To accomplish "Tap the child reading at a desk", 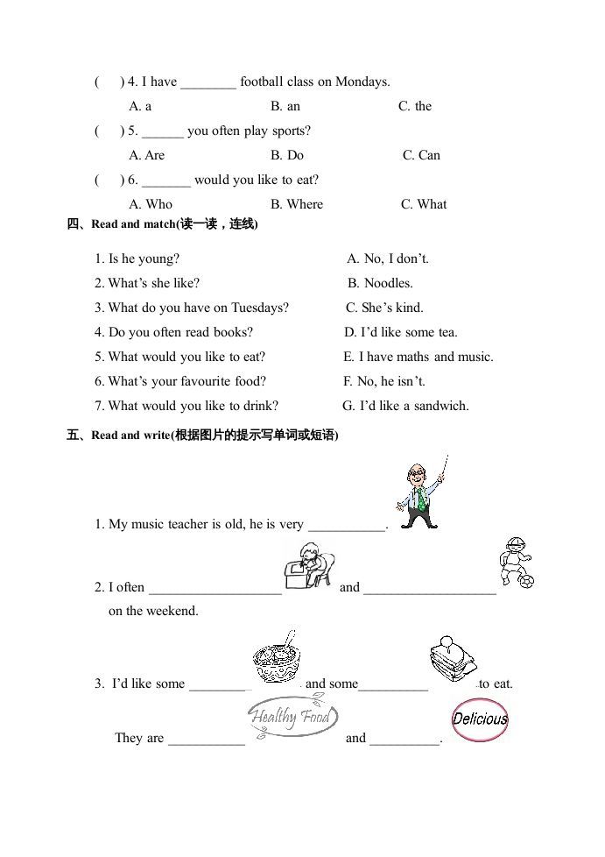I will tap(309, 565).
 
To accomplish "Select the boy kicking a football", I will tap(515, 562).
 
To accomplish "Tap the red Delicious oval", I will tap(480, 720).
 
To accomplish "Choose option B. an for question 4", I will tap(285, 106).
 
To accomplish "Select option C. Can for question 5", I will tap(421, 155).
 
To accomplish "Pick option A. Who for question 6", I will tap(151, 204).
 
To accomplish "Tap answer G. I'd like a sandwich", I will tap(405, 406).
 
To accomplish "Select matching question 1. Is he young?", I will tap(137, 259).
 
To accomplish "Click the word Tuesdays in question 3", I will tap(258, 308).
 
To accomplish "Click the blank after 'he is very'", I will tap(347, 526).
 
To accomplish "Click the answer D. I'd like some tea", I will tap(401, 332).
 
